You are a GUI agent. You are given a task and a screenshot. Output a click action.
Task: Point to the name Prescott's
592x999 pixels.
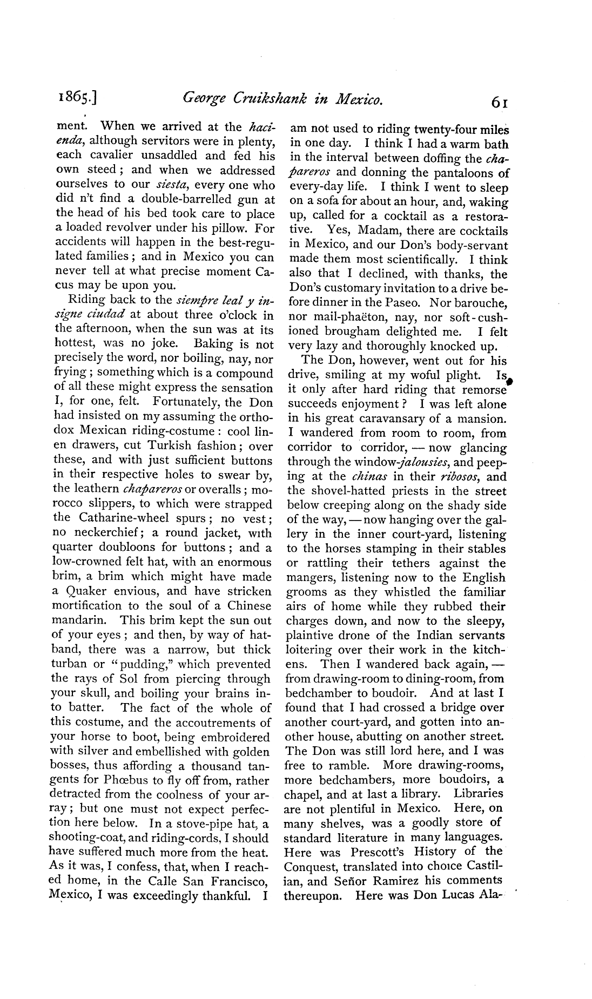click(378, 852)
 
